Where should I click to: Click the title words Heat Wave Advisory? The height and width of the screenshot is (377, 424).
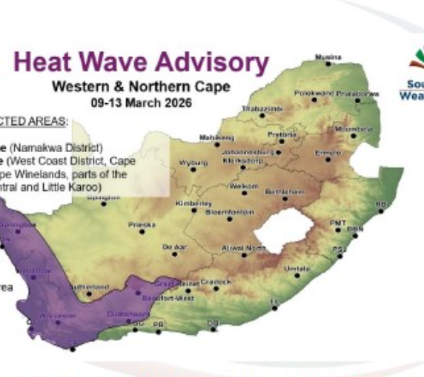[x=140, y=63]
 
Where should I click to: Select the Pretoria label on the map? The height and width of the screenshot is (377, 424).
[x=281, y=136]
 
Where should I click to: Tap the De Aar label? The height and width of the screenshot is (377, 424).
[x=172, y=246]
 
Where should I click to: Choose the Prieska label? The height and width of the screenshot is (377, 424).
[x=140, y=223]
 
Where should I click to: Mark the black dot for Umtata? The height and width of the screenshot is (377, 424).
[x=297, y=275]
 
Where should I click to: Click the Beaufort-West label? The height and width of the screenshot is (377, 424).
[x=174, y=298]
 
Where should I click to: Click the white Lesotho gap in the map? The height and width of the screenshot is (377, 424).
[x=285, y=229]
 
